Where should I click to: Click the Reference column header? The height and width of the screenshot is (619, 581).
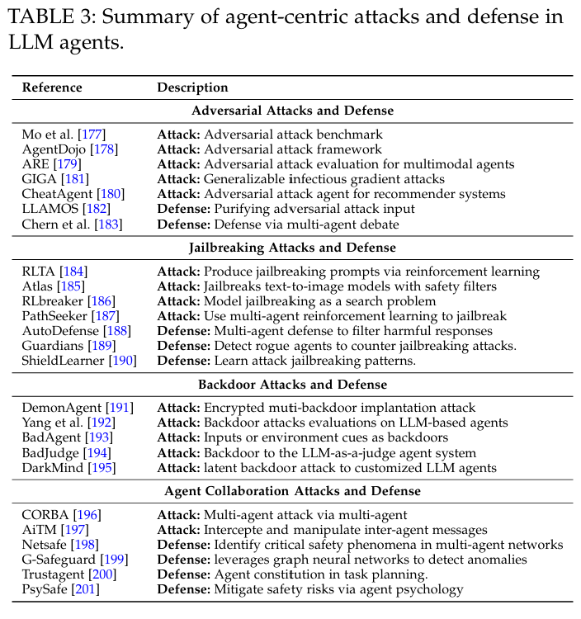52,87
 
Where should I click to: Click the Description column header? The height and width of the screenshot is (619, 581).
192,87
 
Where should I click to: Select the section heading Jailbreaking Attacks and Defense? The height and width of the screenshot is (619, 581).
292,248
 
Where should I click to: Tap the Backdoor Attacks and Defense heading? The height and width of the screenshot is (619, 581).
292,385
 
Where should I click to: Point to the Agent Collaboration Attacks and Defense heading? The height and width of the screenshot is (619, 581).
292,491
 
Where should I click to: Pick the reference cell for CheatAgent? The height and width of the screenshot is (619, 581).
68,194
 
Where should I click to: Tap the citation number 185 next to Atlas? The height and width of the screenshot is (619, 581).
71,286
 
